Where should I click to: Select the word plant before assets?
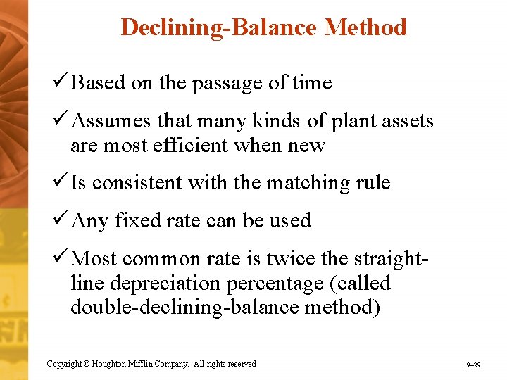coord(342,121)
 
